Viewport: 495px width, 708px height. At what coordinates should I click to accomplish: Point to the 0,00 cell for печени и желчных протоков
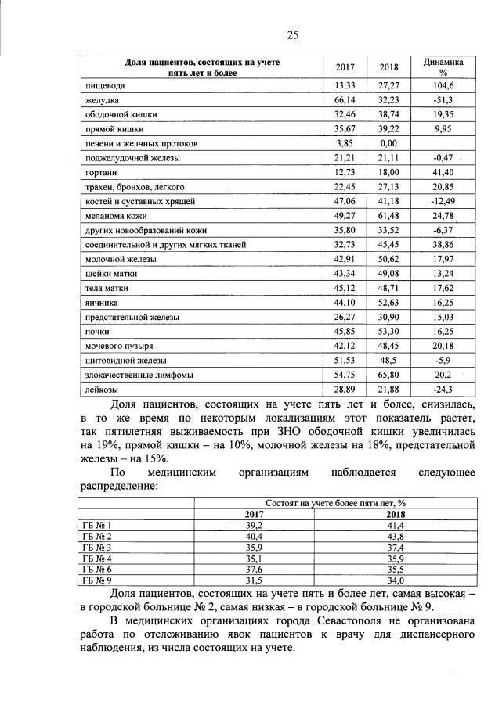pos(388,144)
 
